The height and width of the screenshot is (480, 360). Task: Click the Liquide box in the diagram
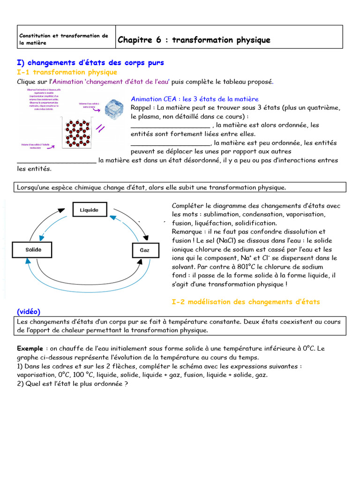click(x=89, y=210)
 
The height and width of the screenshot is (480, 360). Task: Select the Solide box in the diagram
click(x=33, y=250)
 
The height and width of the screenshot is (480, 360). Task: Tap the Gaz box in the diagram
click(x=144, y=250)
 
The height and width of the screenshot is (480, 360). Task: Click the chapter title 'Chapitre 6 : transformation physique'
click(x=194, y=40)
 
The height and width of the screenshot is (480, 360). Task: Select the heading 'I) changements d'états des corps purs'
click(x=90, y=63)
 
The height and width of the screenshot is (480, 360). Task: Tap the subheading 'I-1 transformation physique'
click(x=67, y=72)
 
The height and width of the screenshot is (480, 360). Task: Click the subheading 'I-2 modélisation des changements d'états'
click(x=246, y=302)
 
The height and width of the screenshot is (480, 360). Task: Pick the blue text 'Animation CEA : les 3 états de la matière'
click(x=195, y=99)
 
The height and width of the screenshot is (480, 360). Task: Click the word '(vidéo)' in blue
click(x=29, y=311)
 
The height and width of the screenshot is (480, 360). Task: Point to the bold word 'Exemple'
click(x=30, y=349)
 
